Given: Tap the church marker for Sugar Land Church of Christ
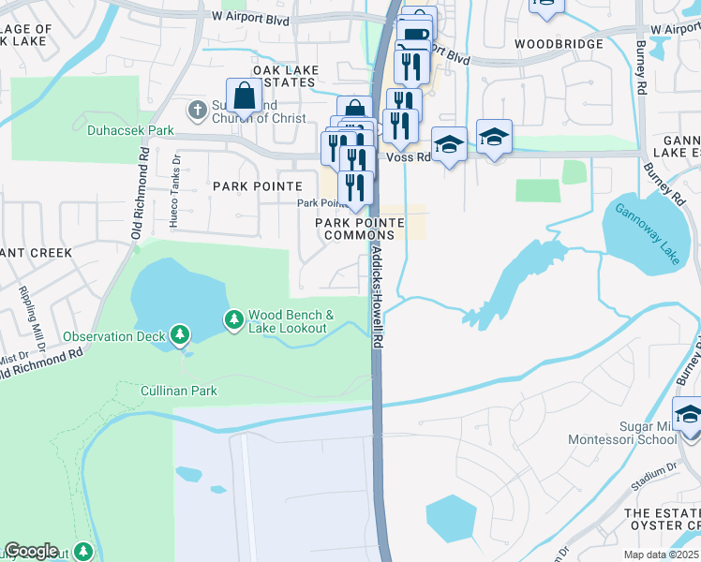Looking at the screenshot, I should pyautogui.click(x=197, y=111).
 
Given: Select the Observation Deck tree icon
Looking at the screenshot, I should pyautogui.click(x=179, y=334).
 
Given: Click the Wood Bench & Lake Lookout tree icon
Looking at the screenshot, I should pyautogui.click(x=233, y=321).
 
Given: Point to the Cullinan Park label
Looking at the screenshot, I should pyautogui.click(x=178, y=390).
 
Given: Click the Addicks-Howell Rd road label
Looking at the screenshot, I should pyautogui.click(x=376, y=298).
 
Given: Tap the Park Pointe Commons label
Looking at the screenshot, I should pyautogui.click(x=359, y=229).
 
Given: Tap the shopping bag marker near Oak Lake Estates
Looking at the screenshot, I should pyautogui.click(x=244, y=95).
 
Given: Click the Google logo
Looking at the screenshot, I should pyautogui.click(x=31, y=551).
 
